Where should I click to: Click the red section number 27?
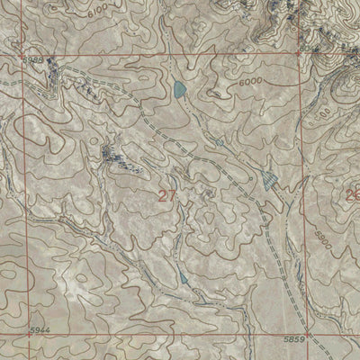(166, 197)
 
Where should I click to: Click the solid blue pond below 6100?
(179, 89)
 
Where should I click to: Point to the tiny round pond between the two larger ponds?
(219, 142)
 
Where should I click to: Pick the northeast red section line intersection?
(300, 52)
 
